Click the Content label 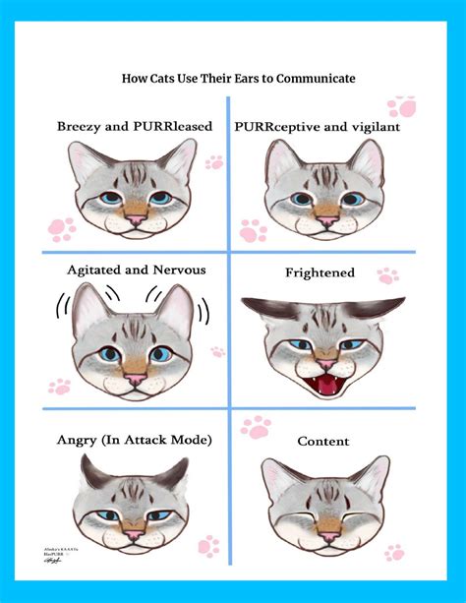point(323,441)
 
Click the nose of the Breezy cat point(134,219)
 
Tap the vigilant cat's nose point(325,221)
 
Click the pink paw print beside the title point(401,106)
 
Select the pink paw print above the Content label point(257,427)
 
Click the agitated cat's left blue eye point(108,354)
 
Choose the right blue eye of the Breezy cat point(159,198)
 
